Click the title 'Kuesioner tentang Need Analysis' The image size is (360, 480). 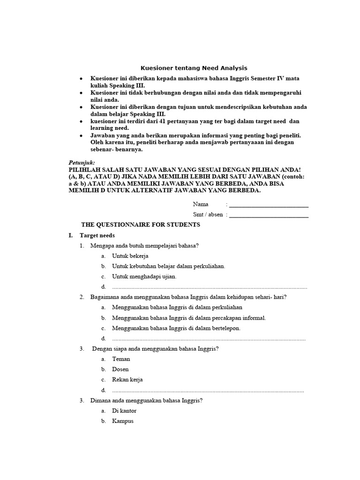click(x=194, y=68)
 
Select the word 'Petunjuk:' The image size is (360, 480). click(x=82, y=162)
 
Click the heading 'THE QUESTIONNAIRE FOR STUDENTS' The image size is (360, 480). click(x=141, y=225)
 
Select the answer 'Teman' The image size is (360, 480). click(x=121, y=359)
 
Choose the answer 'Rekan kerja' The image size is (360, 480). click(x=127, y=380)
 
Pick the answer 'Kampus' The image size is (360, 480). click(x=123, y=421)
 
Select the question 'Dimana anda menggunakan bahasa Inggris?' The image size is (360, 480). click(x=146, y=400)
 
